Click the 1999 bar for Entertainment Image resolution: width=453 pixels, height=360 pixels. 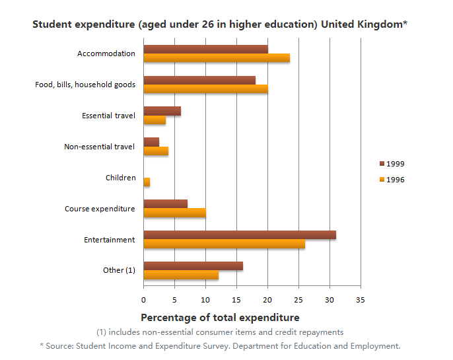[x=240, y=235]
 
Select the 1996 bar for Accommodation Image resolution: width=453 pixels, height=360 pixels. [x=217, y=57]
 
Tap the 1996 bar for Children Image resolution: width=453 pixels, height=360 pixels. [x=147, y=182]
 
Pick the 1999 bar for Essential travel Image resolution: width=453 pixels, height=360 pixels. [x=162, y=111]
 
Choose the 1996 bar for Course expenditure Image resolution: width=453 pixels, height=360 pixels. [x=174, y=213]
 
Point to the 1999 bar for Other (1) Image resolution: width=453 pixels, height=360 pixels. [x=193, y=266]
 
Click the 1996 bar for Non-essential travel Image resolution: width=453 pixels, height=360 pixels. [x=156, y=151]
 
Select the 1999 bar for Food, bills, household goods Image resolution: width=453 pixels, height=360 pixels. [x=199, y=80]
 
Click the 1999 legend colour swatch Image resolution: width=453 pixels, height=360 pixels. [x=382, y=163]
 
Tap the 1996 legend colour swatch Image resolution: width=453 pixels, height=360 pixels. [x=382, y=179]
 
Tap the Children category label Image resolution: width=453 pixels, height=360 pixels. [x=120, y=178]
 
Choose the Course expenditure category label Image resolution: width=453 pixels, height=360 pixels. [x=100, y=209]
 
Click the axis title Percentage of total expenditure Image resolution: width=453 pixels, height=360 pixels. [x=220, y=317]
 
